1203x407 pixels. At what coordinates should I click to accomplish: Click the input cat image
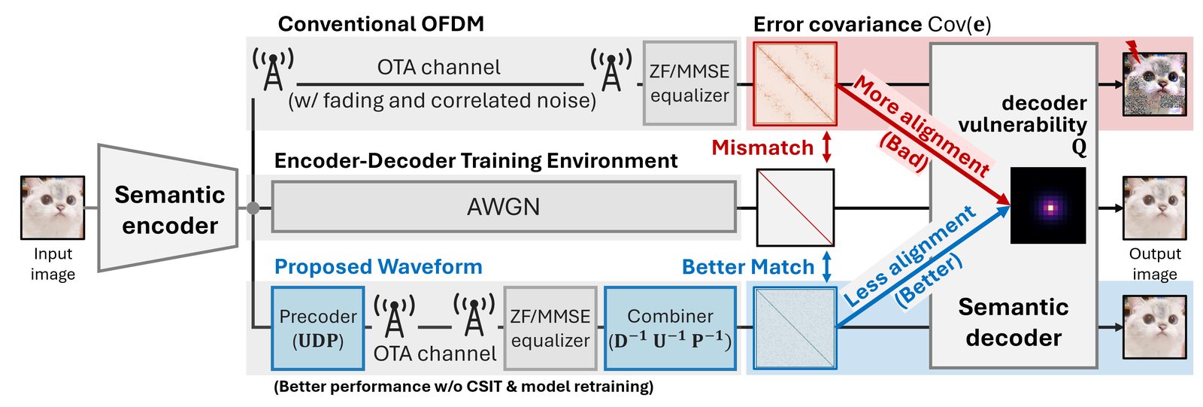(x=53, y=208)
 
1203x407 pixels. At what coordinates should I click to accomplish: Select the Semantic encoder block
(x=169, y=208)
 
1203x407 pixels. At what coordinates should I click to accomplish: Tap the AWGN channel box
(x=503, y=207)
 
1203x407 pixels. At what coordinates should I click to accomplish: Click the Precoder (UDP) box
(x=317, y=328)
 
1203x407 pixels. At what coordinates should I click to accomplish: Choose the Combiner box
(x=670, y=328)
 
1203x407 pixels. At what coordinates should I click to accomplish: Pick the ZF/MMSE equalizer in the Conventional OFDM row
(x=689, y=83)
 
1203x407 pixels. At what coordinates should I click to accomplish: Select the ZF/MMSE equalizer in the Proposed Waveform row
(x=550, y=328)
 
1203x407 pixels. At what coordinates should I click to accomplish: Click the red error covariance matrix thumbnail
(x=795, y=84)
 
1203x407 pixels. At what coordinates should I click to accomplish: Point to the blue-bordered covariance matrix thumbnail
(x=795, y=328)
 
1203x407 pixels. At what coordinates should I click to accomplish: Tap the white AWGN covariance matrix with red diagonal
(x=795, y=208)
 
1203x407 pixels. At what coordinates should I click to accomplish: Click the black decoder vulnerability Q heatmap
(x=1048, y=205)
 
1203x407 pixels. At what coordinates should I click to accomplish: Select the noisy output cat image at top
(x=1154, y=84)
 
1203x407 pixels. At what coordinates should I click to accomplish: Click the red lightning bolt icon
(x=1132, y=50)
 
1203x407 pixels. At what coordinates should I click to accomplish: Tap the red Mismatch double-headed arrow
(x=826, y=147)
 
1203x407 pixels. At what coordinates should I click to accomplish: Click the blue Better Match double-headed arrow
(x=826, y=267)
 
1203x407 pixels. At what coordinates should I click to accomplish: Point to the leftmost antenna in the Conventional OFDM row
(x=273, y=68)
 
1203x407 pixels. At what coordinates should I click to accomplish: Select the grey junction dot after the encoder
(x=253, y=208)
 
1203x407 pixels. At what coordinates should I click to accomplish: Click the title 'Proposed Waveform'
(x=378, y=267)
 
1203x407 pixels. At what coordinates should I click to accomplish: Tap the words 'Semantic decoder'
(x=1013, y=322)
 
